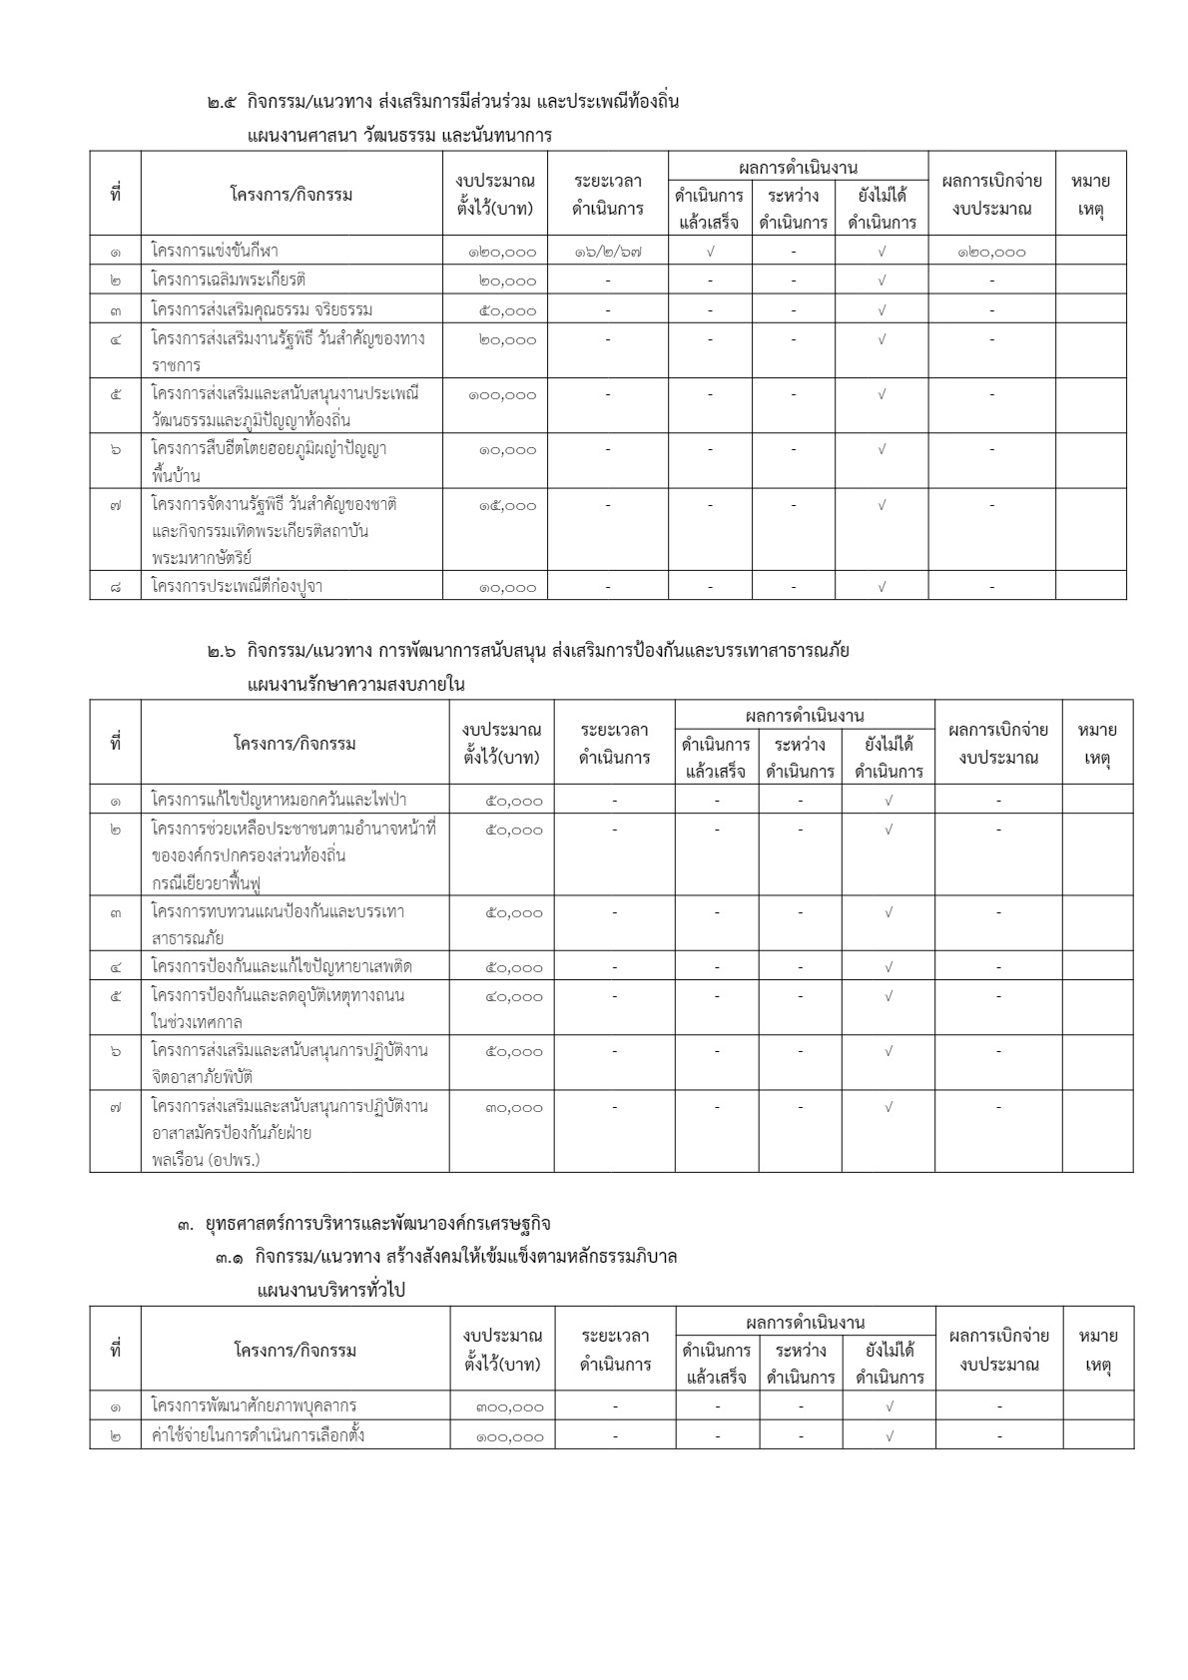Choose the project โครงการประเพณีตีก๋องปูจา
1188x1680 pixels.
pyautogui.click(x=237, y=586)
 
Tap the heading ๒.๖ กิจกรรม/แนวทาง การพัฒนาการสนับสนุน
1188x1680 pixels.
pyautogui.click(x=528, y=652)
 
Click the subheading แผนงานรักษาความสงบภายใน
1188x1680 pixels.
pyautogui.click(x=355, y=685)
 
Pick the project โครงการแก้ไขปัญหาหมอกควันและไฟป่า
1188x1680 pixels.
pyautogui.click(x=279, y=800)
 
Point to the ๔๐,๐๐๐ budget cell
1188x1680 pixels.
pyautogui.click(x=514, y=996)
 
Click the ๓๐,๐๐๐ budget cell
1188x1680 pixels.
pyautogui.click(x=514, y=1108)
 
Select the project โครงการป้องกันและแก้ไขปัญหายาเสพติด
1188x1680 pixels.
pyautogui.click(x=282, y=966)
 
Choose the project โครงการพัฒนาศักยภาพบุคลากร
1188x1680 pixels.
pyautogui.click(x=254, y=1405)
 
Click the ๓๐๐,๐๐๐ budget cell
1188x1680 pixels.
pyautogui.click(x=510, y=1407)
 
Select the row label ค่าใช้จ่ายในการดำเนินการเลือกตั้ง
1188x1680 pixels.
pyautogui.click(x=258, y=1435)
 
